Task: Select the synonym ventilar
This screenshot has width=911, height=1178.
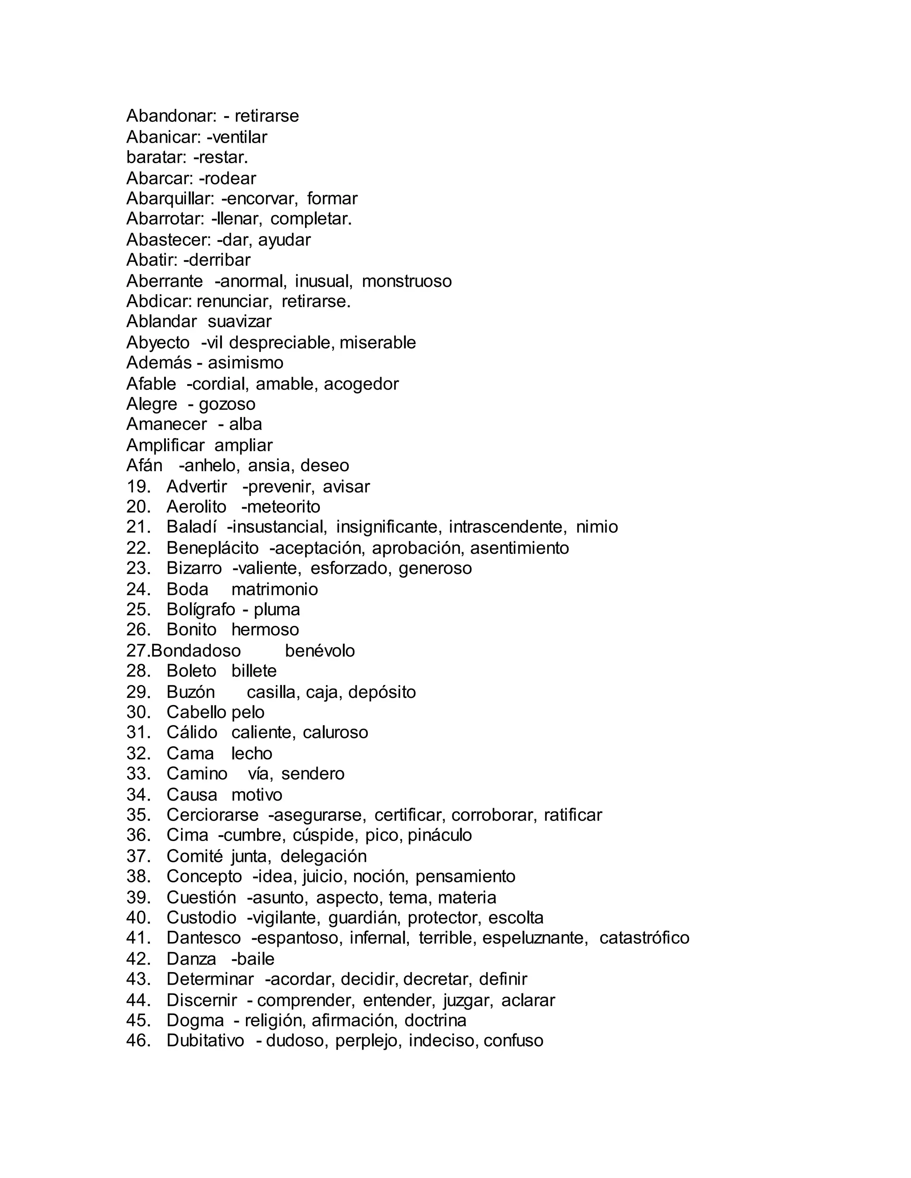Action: pyautogui.click(x=239, y=137)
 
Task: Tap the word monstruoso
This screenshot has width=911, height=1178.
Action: pyautogui.click(x=407, y=281)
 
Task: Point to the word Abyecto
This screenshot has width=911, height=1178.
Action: pyautogui.click(x=157, y=342)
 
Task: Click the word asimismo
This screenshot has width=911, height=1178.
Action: pyautogui.click(x=245, y=362)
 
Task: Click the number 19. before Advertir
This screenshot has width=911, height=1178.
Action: pyautogui.click(x=138, y=486)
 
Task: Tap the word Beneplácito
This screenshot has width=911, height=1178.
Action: pyautogui.click(x=212, y=548)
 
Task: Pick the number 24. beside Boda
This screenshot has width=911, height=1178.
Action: pyautogui.click(x=138, y=589)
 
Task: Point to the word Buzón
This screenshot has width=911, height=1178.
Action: pyautogui.click(x=190, y=692)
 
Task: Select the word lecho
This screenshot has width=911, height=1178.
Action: pyautogui.click(x=251, y=753)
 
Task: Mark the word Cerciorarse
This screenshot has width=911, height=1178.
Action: pyautogui.click(x=212, y=815)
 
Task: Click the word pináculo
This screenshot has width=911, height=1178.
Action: pyautogui.click(x=439, y=836)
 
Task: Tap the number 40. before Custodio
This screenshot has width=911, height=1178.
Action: pyautogui.click(x=138, y=918)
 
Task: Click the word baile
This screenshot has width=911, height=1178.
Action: pyautogui.click(x=255, y=959)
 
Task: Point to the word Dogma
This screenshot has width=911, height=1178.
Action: pyautogui.click(x=195, y=1021)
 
